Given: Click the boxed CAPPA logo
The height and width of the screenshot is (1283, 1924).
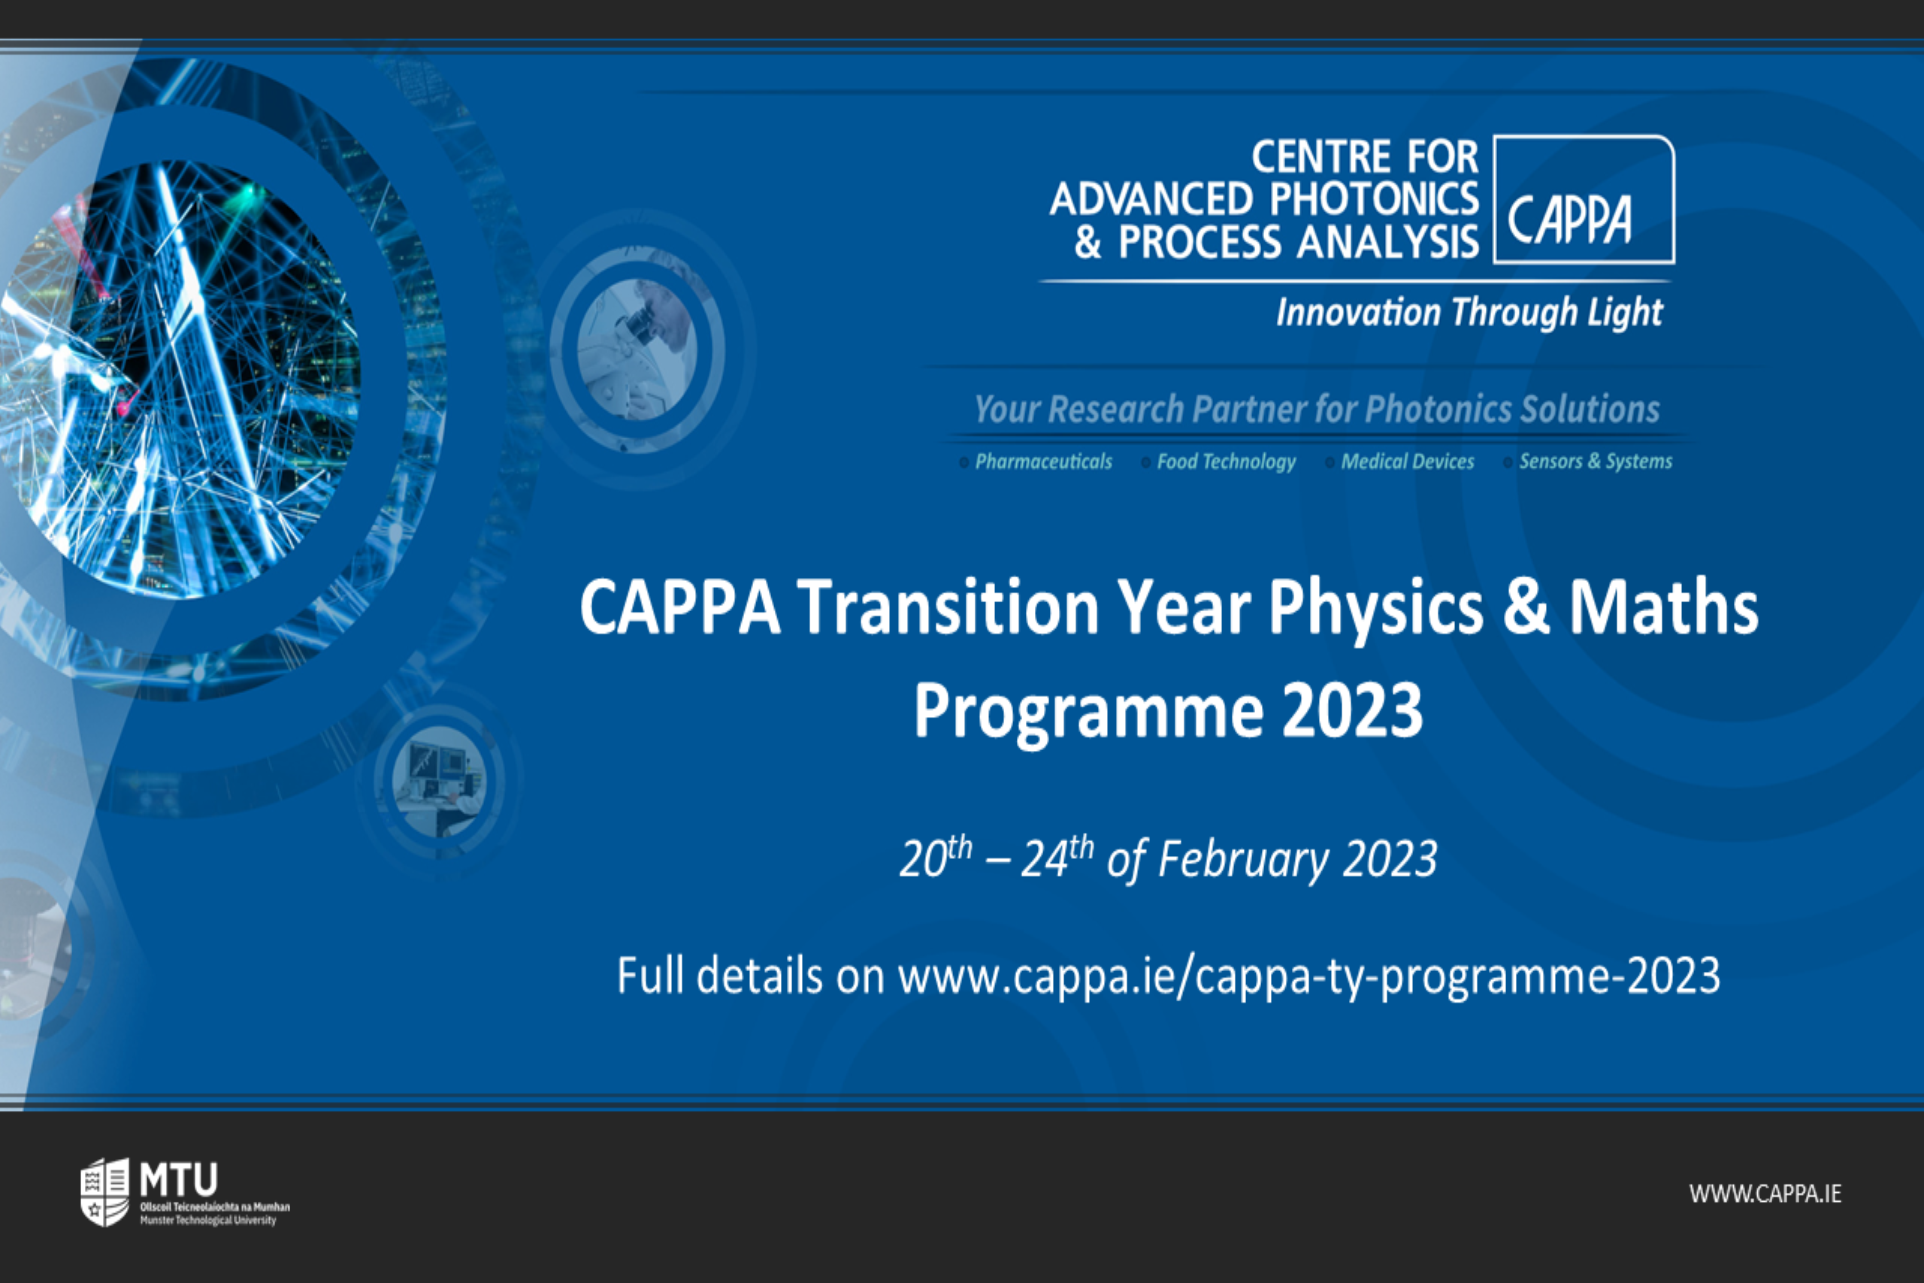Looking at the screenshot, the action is point(1584,199).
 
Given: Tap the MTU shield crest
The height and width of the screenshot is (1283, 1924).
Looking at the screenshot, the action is point(104,1191).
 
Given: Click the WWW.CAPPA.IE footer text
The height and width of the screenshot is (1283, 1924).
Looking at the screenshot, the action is point(1765,1194).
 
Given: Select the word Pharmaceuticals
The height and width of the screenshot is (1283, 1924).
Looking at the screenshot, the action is point(1043,461).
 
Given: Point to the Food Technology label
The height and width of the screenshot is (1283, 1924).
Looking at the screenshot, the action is point(1227,462).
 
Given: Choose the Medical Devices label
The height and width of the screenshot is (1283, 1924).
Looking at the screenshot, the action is point(1407,461).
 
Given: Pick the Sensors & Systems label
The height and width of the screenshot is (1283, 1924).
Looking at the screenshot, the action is point(1595,461).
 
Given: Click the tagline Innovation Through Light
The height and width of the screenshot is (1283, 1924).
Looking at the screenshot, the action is point(1469,313).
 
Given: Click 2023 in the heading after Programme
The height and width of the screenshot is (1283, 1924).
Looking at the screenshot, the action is point(1352,710).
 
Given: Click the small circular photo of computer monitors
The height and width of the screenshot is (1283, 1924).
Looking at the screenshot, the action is point(439,782).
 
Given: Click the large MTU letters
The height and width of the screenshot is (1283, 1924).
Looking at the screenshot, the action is point(178,1179).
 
